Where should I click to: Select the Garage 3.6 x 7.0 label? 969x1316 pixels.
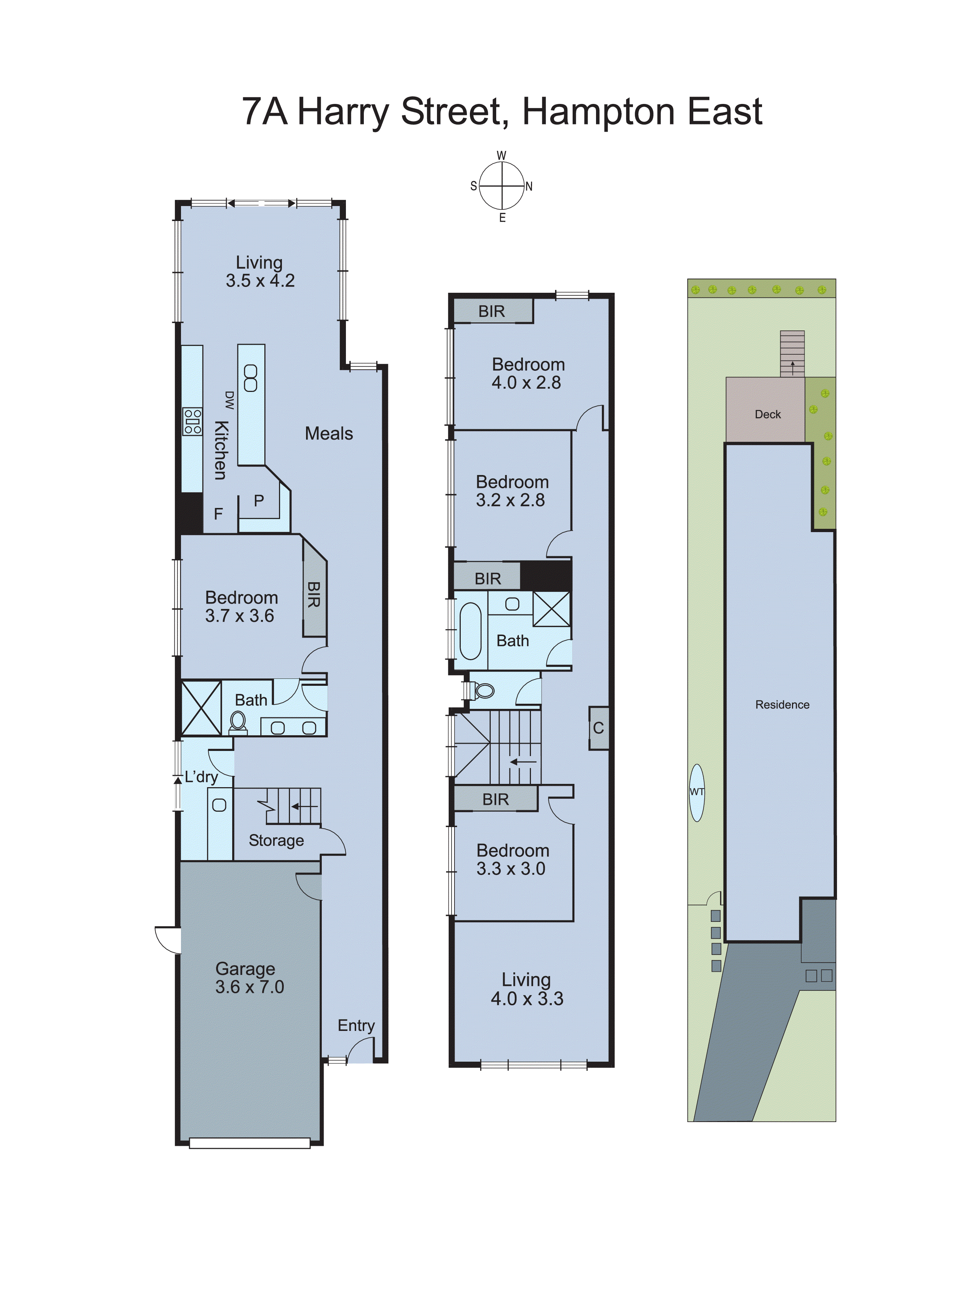249,978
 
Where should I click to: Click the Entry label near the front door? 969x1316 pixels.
356,1025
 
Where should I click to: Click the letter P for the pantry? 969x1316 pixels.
259,501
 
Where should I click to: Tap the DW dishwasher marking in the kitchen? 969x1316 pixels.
229,400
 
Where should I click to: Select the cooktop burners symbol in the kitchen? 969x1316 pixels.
192,422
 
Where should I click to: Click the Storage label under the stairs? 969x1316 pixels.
276,841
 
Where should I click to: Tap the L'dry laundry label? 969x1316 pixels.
201,777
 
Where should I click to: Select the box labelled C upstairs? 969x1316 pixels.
598,728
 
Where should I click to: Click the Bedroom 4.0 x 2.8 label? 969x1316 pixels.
528,373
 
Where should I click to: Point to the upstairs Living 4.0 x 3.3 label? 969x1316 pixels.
527,989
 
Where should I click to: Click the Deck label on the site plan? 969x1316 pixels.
767,414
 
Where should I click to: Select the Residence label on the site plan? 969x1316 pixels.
782,705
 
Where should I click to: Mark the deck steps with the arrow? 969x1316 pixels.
792,354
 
